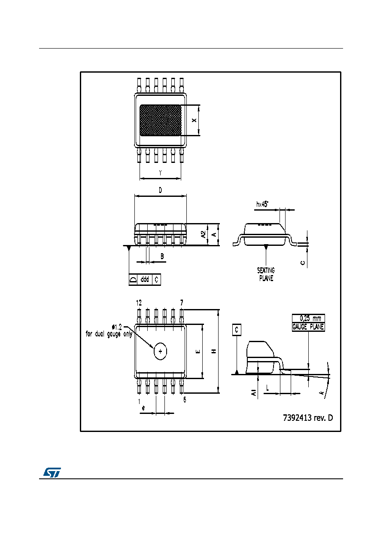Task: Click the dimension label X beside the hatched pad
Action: tap(194, 120)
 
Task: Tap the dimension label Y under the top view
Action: tap(160, 173)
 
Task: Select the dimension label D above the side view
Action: tap(161, 190)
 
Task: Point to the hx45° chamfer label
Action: tap(262, 204)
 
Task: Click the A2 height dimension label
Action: tap(204, 234)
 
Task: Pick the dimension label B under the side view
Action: tap(162, 256)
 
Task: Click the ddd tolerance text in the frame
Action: tap(145, 279)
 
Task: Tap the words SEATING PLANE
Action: tap(266, 274)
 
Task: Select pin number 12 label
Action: tap(139, 303)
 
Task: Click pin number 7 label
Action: tap(182, 303)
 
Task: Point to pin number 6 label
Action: tap(185, 399)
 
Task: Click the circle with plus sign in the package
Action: tap(161, 351)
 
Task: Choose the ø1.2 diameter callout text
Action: tap(117, 328)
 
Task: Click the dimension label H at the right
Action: tap(214, 351)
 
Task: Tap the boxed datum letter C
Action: tap(237, 330)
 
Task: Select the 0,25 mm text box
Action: tap(308, 318)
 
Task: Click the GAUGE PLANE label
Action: tap(308, 327)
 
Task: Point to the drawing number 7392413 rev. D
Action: tap(308, 418)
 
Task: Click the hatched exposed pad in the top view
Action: tap(160, 120)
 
